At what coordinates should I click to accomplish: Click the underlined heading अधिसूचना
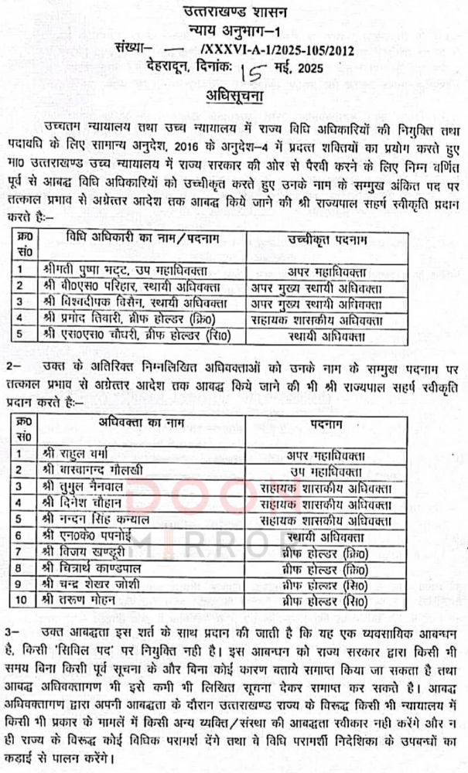point(234,98)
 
